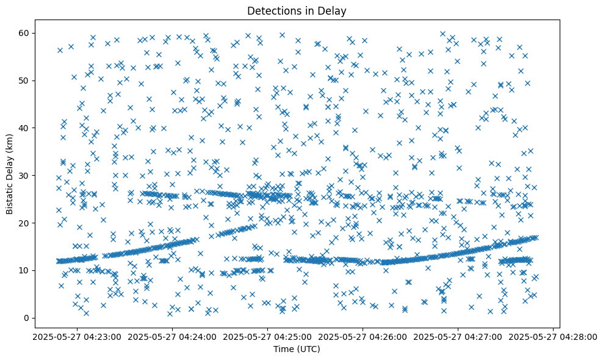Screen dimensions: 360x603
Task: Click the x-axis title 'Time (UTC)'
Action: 296,349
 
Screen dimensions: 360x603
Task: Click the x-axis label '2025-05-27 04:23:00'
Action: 78,336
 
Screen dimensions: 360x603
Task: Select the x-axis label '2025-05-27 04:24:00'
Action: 173,336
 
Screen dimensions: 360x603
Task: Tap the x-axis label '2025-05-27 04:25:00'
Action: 268,336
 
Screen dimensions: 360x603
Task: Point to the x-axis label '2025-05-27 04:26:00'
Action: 363,336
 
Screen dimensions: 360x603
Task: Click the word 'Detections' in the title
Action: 270,11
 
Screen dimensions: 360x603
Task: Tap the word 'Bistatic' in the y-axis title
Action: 9,197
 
